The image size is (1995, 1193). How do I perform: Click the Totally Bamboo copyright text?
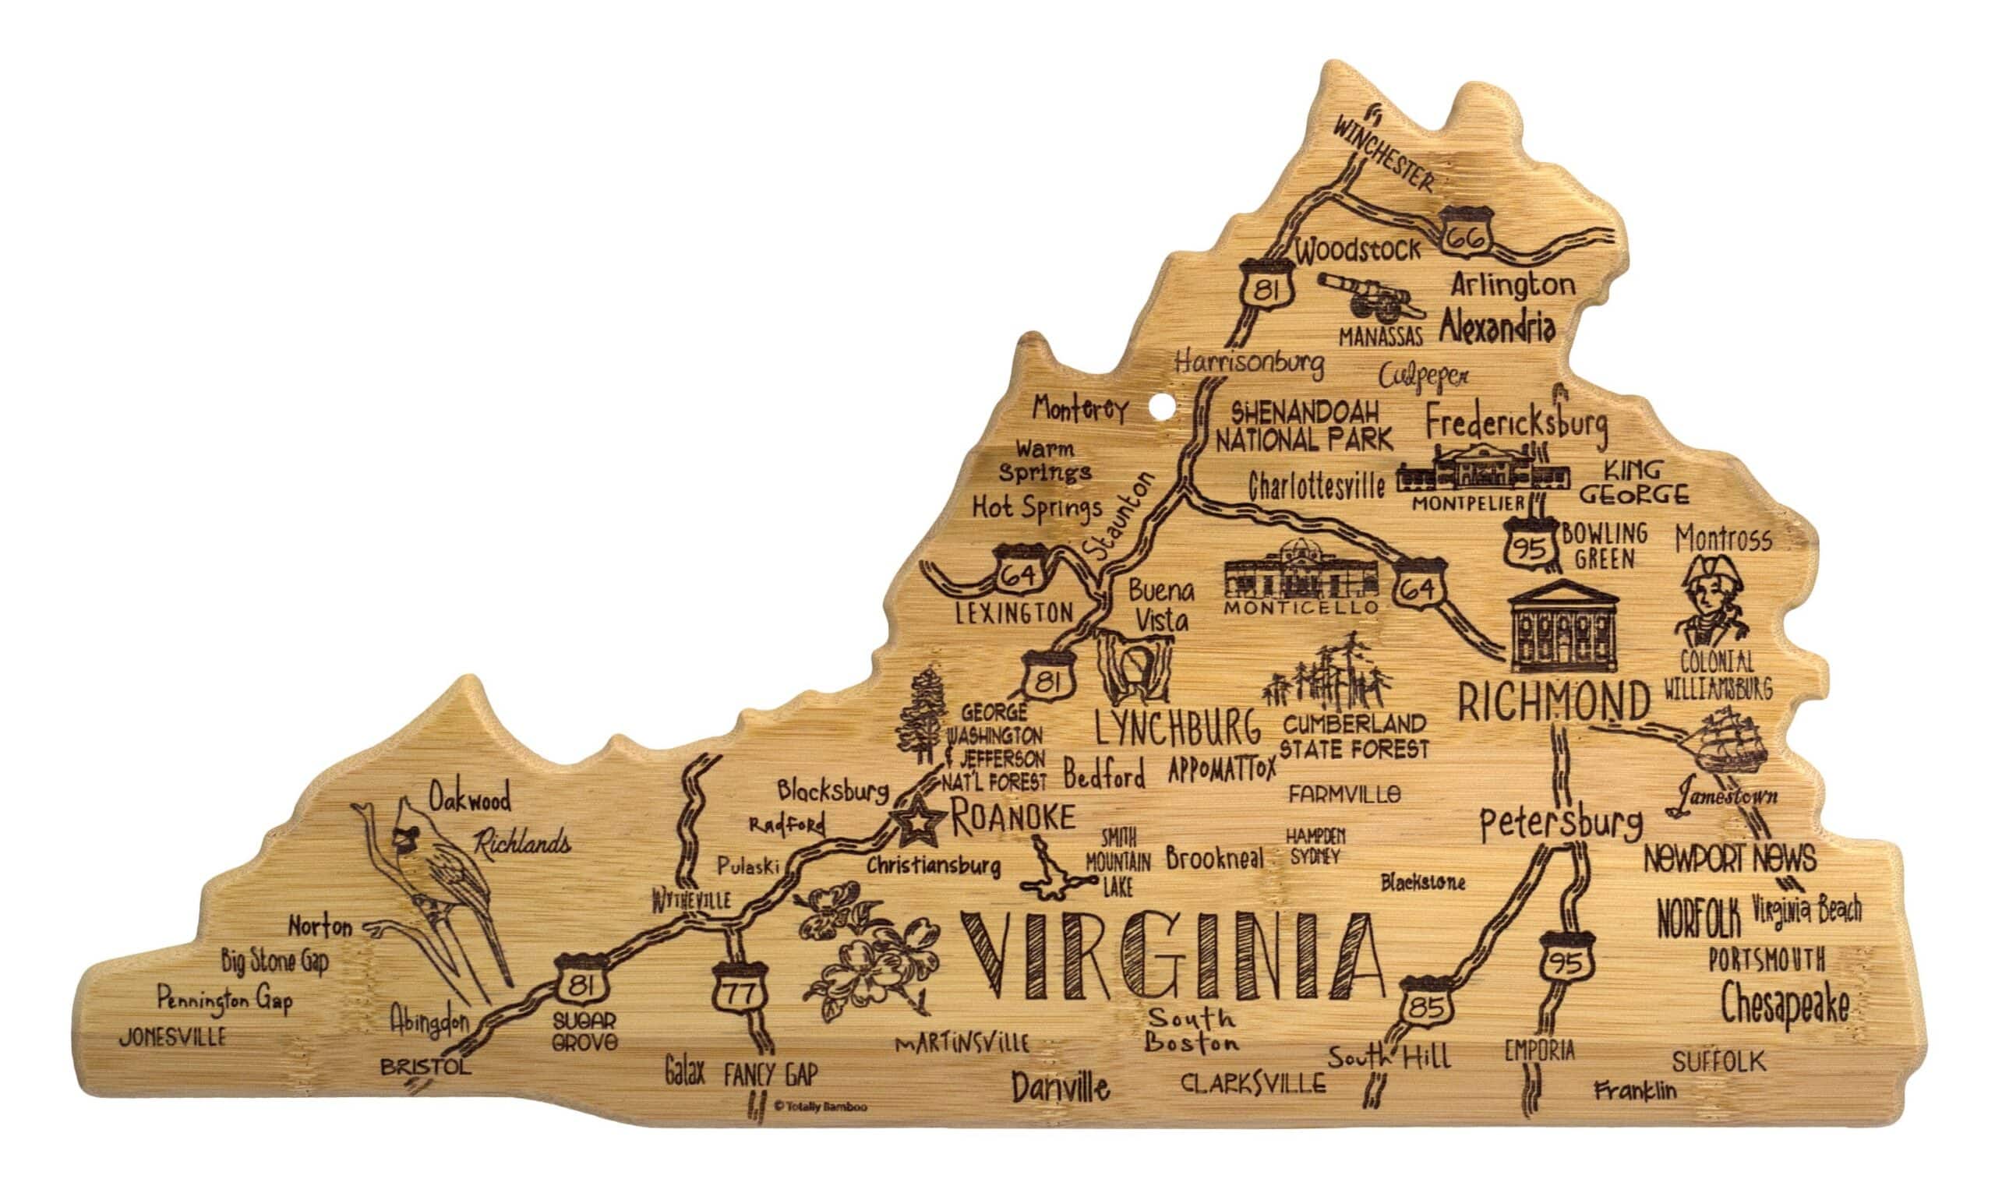point(820,1107)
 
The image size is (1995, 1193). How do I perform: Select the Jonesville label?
point(173,1037)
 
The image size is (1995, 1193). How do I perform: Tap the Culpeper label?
point(1424,376)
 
